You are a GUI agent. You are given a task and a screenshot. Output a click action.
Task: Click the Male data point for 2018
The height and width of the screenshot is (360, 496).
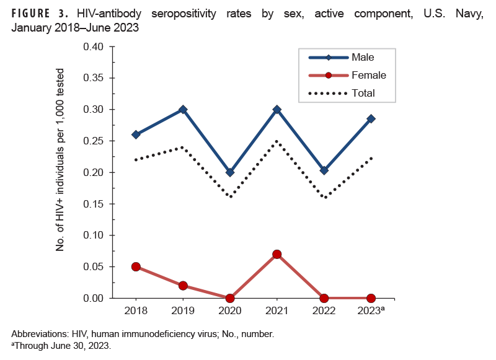pyautogui.click(x=136, y=134)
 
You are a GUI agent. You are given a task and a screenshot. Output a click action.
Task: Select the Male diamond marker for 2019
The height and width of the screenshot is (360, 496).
pyautogui.click(x=183, y=110)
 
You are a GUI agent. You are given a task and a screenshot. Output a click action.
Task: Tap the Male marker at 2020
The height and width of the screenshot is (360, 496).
pyautogui.click(x=230, y=172)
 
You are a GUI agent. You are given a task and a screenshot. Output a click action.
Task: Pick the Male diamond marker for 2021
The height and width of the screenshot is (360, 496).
pyautogui.click(x=277, y=110)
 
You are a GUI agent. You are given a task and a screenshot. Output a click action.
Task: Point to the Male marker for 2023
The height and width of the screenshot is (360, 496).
pyautogui.click(x=371, y=119)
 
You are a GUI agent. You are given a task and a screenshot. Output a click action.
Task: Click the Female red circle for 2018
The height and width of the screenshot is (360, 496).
pyautogui.click(x=136, y=266)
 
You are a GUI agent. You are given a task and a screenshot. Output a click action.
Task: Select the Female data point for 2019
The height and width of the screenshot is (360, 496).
pyautogui.click(x=183, y=286)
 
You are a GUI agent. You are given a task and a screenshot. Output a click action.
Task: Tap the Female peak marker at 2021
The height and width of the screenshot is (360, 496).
pyautogui.click(x=277, y=254)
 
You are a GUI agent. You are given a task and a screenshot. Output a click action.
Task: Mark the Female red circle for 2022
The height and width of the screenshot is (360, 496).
pyautogui.click(x=324, y=298)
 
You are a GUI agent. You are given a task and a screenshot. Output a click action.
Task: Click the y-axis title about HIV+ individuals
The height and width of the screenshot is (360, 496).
pyautogui.click(x=61, y=173)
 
